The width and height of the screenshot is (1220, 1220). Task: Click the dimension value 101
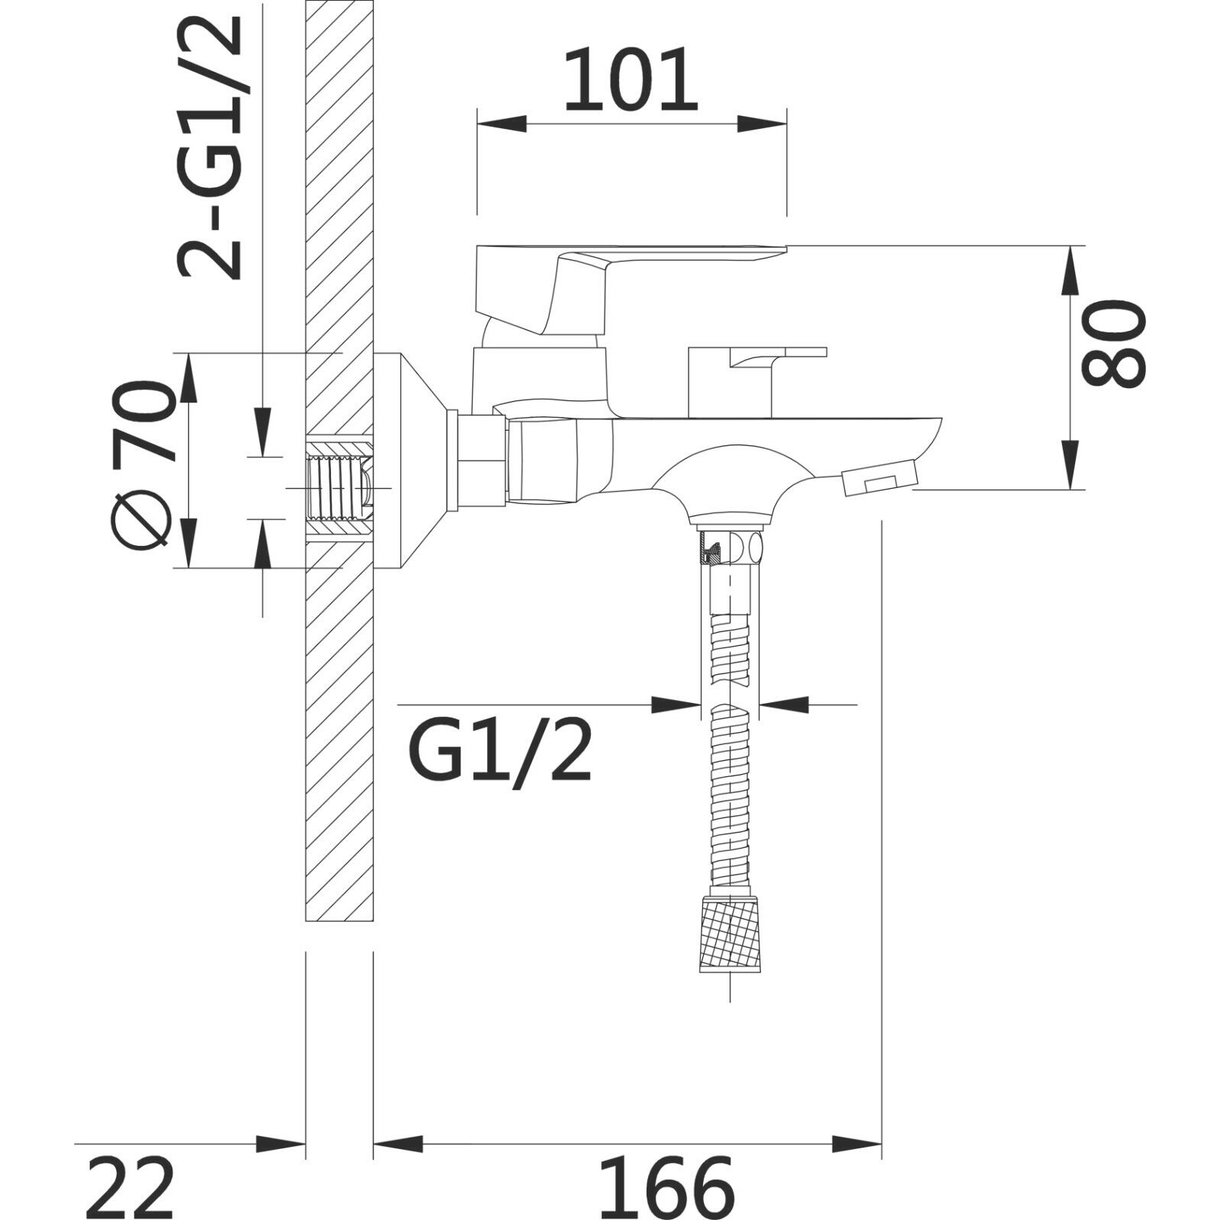tap(631, 80)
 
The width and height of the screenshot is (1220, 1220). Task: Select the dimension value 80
tap(1114, 343)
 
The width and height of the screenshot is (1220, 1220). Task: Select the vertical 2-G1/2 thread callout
tap(210, 147)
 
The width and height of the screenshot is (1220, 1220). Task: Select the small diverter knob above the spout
tap(755, 381)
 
